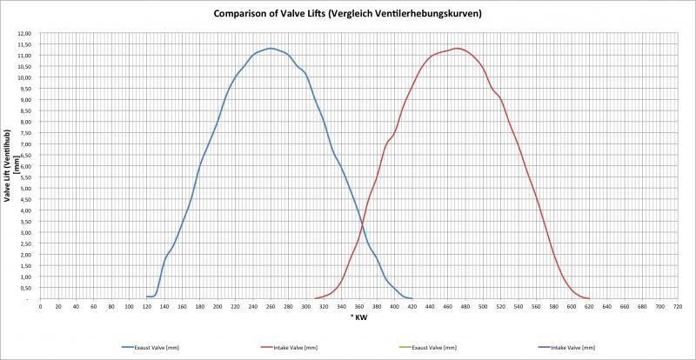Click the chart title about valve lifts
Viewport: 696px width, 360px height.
pos(347,14)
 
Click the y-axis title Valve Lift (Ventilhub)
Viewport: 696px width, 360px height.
pos(8,165)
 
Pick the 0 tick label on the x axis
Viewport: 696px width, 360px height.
pos(41,307)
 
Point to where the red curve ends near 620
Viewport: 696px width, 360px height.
pos(589,298)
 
